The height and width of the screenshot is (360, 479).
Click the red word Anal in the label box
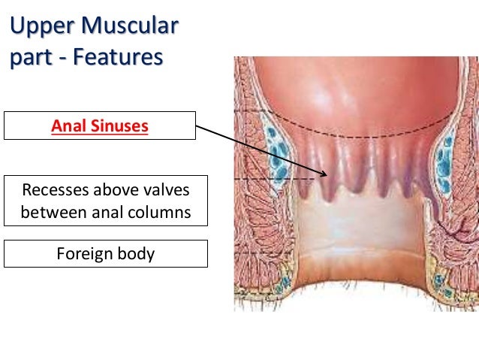[x=68, y=126]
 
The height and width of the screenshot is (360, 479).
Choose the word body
[x=135, y=253]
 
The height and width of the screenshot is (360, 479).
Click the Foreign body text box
[x=105, y=253]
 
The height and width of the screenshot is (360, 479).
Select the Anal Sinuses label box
[x=100, y=126]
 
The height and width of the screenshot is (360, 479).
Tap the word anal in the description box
[x=110, y=212]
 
